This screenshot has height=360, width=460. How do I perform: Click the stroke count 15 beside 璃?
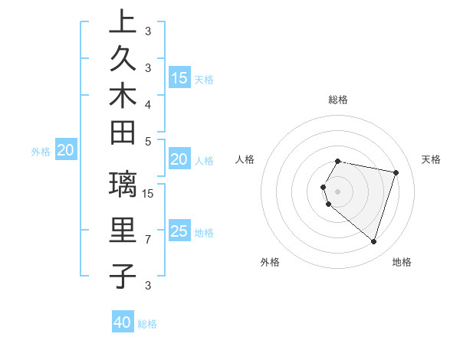coord(149,193)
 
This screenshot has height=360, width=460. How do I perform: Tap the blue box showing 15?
coord(179,77)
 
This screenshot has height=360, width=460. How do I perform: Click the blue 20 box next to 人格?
coord(179,159)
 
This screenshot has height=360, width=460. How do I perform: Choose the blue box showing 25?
coord(179,231)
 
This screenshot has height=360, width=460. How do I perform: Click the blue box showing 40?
coord(123,322)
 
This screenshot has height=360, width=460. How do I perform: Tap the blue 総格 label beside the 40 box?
coord(147,324)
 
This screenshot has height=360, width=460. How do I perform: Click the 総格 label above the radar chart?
coord(338,100)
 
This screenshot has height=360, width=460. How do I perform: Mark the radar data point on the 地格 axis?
coord(373,241)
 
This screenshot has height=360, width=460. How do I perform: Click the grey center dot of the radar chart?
coord(338,191)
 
